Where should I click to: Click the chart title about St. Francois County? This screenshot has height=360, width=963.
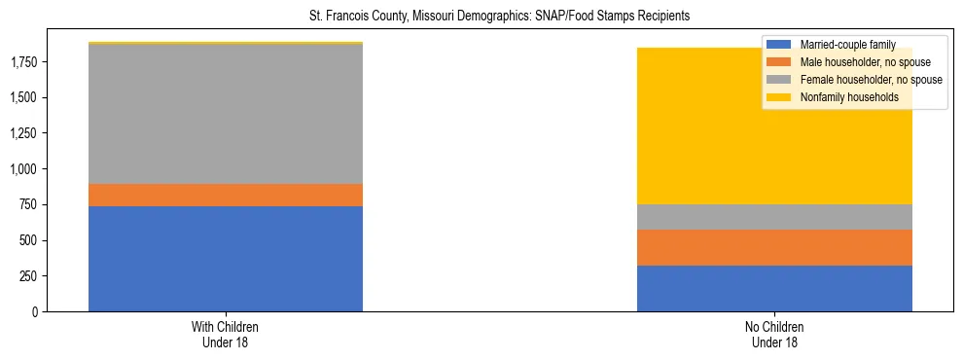[481, 17]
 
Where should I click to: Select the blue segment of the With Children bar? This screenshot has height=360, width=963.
[226, 259]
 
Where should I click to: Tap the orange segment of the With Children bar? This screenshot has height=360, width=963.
[226, 195]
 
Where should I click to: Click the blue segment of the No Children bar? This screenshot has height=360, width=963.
[774, 288]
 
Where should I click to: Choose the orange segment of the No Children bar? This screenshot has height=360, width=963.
[774, 247]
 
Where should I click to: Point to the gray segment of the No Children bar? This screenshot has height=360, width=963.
[774, 217]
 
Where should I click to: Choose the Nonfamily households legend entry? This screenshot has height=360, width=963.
[847, 97]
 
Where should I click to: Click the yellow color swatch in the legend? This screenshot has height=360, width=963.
[779, 97]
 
